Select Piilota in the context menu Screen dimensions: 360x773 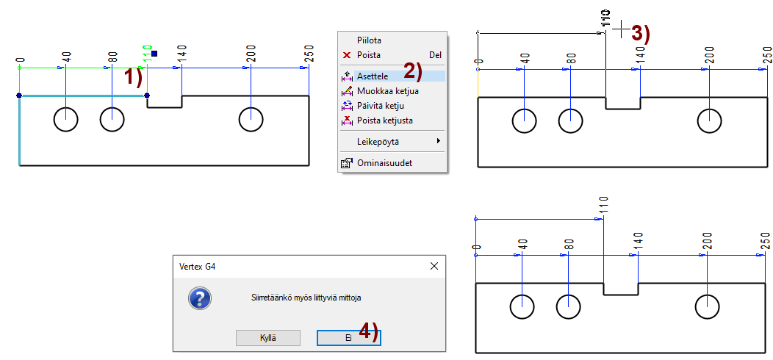368,40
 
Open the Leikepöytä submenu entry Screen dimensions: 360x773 378,140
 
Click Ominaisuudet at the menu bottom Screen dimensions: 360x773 384,163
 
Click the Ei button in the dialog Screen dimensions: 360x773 348,337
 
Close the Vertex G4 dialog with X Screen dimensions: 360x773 434,266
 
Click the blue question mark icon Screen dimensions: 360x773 199,298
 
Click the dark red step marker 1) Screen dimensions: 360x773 132,77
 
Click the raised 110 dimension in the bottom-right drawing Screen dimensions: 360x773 603,205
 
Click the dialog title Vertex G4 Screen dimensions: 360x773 197,266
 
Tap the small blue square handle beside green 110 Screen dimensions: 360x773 154,54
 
